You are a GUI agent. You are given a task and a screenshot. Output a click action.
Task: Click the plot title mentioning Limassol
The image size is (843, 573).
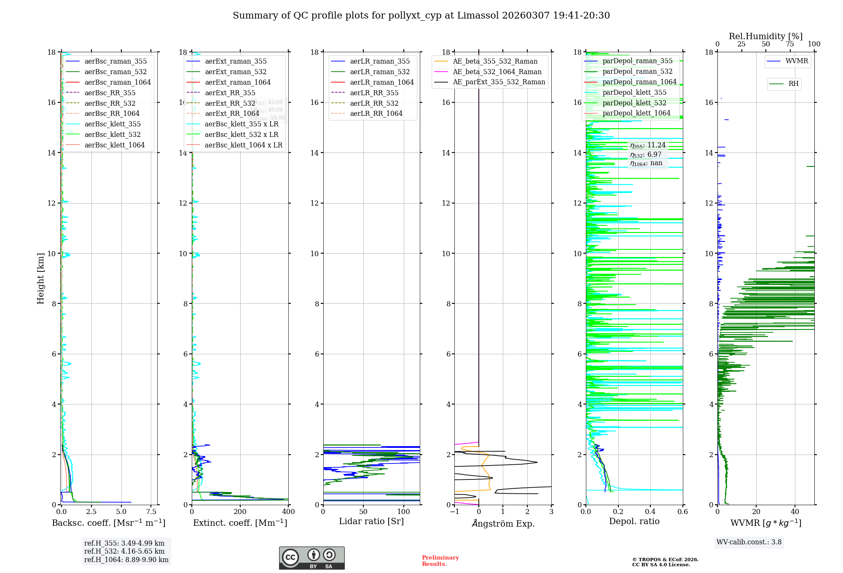(421, 16)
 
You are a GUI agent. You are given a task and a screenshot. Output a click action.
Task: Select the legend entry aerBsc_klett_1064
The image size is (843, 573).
(114, 145)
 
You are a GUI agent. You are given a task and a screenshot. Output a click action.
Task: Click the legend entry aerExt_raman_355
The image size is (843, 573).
(236, 62)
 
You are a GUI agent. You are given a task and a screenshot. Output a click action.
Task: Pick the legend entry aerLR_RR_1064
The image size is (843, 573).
(376, 114)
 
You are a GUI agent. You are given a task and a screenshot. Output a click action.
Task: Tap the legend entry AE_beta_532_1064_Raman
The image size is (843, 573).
(497, 72)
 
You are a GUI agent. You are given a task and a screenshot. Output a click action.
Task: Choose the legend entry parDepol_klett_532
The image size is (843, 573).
(634, 103)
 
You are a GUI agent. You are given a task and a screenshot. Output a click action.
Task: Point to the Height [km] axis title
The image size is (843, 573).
(40, 278)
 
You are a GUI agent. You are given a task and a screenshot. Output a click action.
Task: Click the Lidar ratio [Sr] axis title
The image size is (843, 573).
(371, 522)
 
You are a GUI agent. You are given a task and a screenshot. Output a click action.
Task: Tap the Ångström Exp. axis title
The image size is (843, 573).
(503, 524)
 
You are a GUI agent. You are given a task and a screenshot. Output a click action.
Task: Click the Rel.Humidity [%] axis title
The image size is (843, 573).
(765, 37)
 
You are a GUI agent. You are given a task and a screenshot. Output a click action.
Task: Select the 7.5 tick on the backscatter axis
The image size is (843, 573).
(151, 512)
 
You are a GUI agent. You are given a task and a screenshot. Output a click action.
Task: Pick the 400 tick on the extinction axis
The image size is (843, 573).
(288, 512)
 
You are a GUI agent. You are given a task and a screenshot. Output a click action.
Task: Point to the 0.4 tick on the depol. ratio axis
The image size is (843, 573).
(650, 512)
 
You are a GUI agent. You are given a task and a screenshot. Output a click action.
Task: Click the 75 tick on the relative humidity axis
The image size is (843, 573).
(789, 44)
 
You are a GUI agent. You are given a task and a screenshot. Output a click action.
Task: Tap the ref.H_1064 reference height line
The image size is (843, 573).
(126, 560)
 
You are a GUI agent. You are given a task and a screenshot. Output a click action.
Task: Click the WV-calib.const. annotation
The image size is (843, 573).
(749, 542)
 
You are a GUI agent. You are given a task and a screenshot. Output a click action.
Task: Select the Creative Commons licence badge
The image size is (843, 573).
(311, 558)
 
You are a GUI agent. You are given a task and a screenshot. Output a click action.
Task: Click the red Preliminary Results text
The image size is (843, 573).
(440, 561)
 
